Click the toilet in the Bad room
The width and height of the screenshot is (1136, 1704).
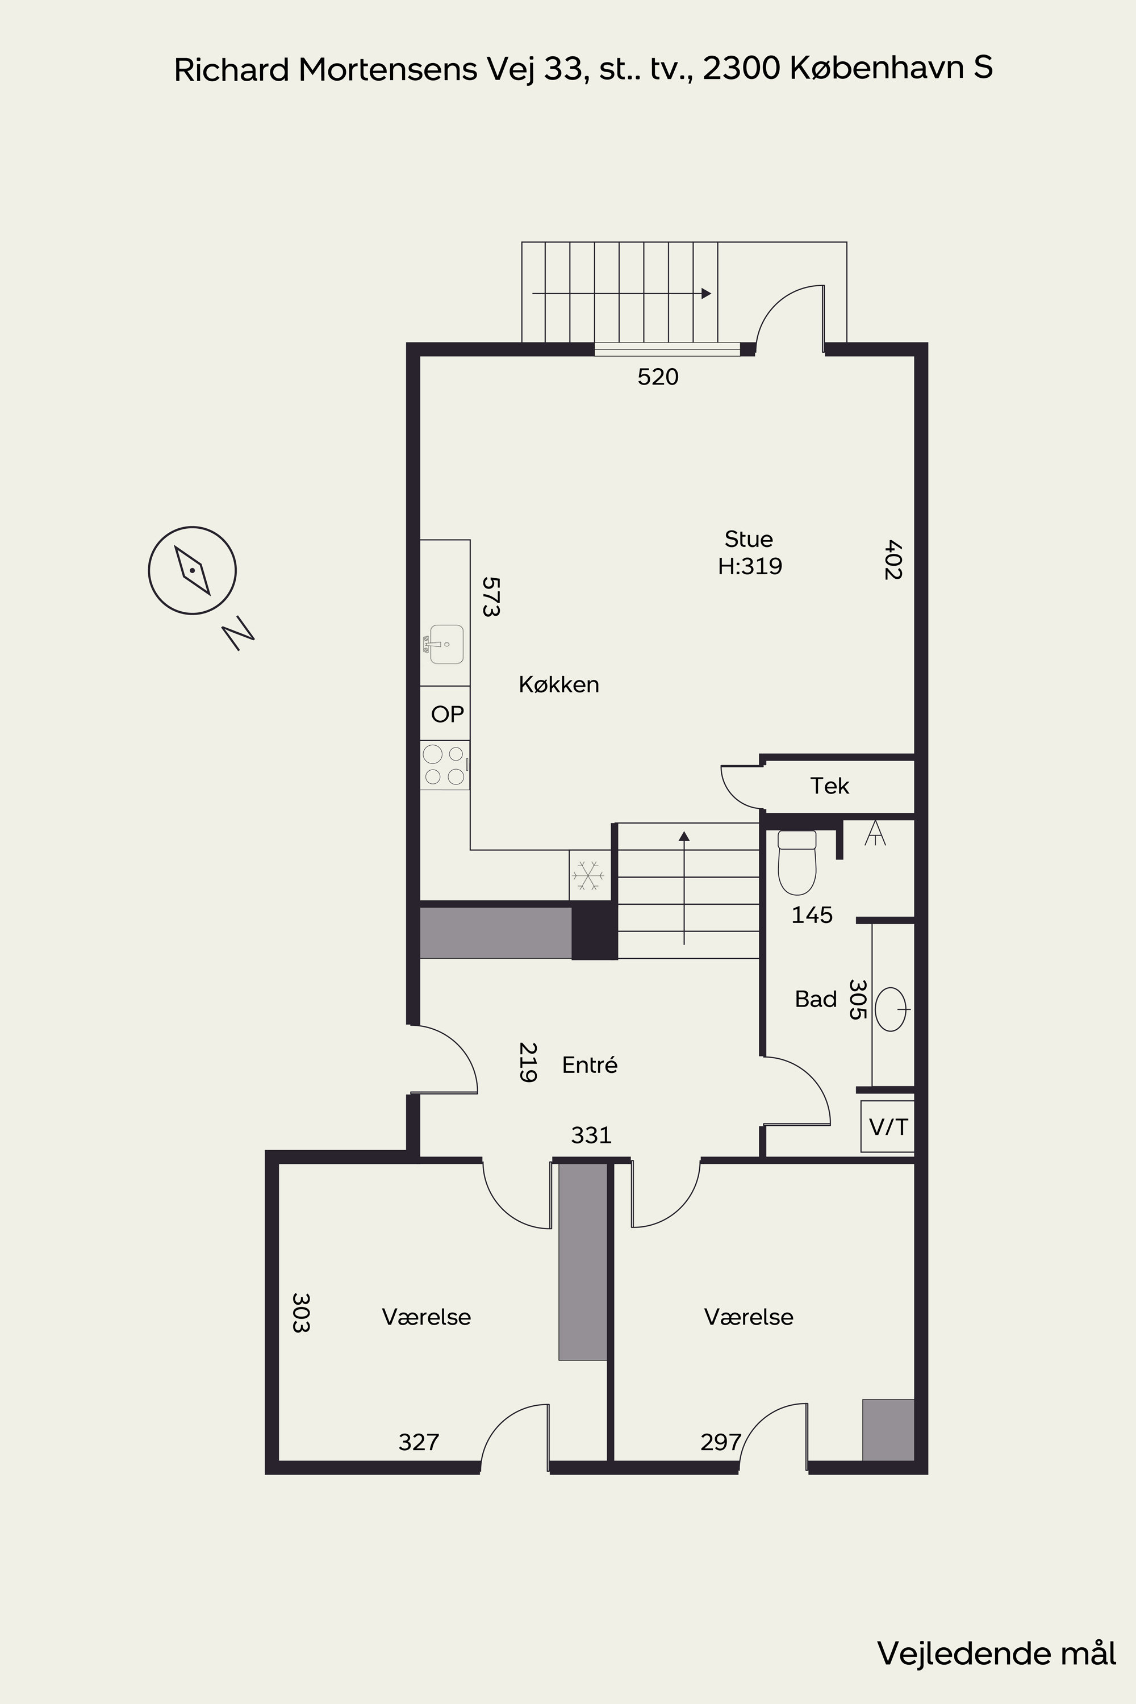[797, 862]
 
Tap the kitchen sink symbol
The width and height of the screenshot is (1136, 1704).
[444, 644]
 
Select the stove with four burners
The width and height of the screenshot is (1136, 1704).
[445, 765]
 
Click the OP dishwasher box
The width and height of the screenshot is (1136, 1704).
[445, 713]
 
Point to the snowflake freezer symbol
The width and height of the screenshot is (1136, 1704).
[588, 876]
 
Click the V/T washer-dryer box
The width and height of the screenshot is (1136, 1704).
[887, 1126]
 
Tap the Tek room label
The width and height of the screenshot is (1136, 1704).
[829, 786]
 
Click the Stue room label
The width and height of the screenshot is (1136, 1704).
[749, 539]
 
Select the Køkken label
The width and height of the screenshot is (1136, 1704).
[558, 684]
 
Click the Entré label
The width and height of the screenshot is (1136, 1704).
[590, 1064]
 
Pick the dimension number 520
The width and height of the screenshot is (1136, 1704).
[658, 377]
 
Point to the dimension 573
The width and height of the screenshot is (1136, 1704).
[491, 596]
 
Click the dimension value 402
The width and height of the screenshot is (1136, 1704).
[892, 559]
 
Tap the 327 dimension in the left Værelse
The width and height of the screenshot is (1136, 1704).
[419, 1442]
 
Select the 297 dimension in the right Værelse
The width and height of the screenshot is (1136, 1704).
[720, 1442]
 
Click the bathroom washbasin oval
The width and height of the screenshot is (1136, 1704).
[891, 1009]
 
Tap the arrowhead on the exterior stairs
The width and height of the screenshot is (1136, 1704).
[707, 294]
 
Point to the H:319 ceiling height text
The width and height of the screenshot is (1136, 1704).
[750, 566]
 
